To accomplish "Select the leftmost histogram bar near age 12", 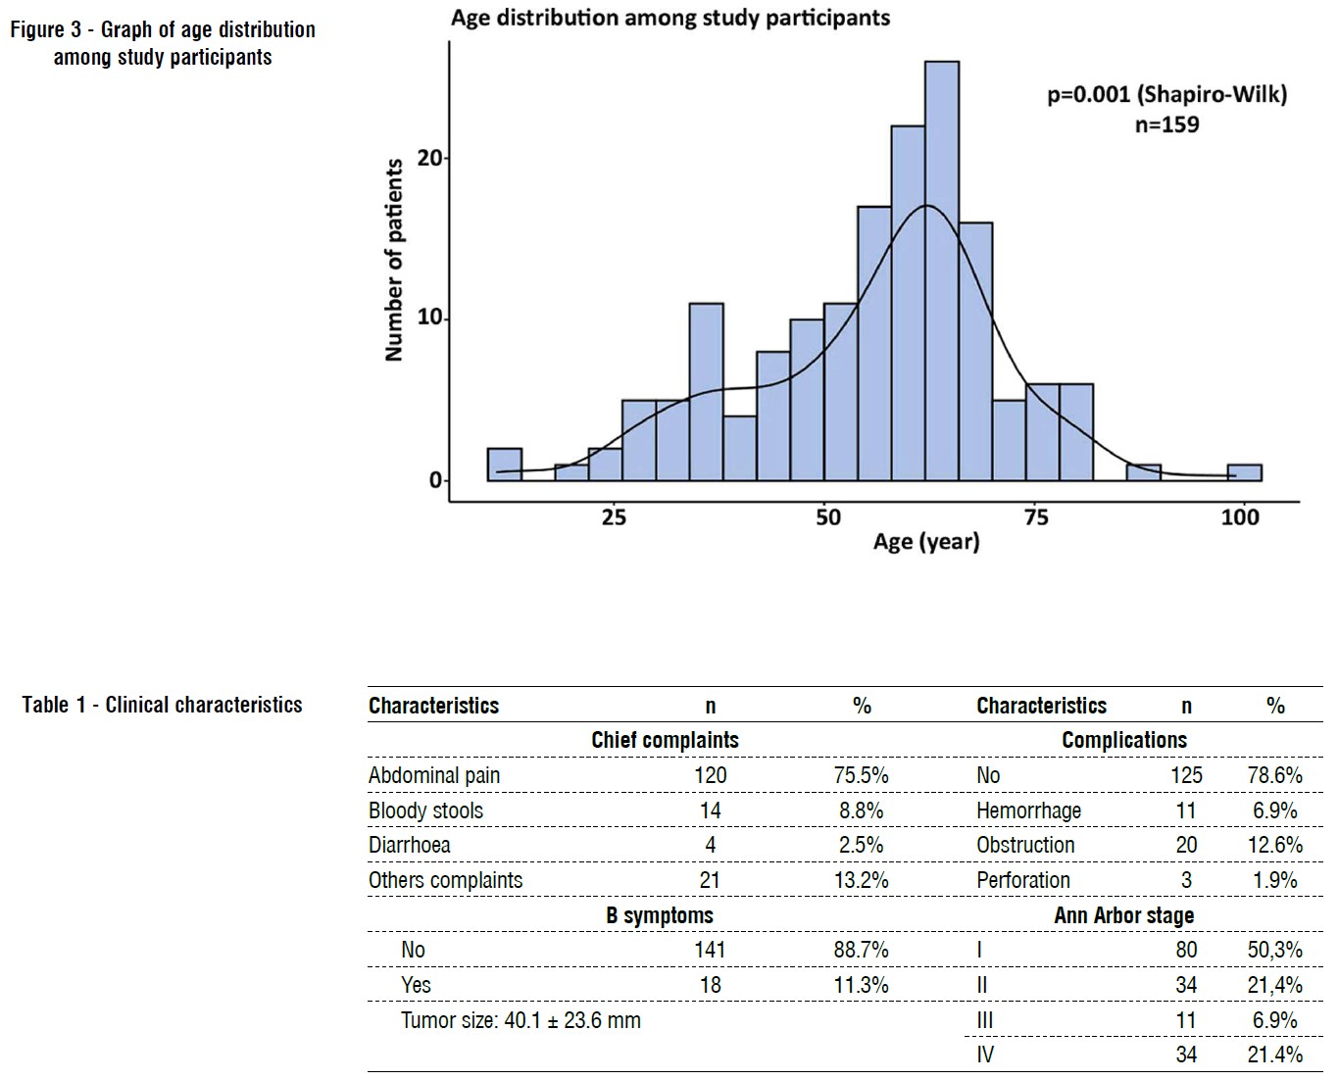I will (504, 465).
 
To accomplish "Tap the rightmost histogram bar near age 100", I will (1244, 472).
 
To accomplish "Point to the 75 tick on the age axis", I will (1035, 517).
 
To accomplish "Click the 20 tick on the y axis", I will (429, 158).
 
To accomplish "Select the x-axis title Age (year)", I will (926, 542).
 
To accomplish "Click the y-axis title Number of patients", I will (394, 260).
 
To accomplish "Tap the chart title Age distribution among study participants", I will (670, 18).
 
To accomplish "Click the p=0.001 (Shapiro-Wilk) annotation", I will (1166, 95).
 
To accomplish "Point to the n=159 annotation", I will (1166, 124).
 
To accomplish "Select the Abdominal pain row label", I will (434, 775).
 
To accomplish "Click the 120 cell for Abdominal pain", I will (710, 775).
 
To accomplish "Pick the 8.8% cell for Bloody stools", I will (861, 810).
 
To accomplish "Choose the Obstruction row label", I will (1025, 845).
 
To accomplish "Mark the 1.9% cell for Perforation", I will (1274, 880).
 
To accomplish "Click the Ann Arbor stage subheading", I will (1123, 915).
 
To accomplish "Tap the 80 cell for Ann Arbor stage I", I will (1186, 950).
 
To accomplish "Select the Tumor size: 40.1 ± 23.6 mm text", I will (520, 1020).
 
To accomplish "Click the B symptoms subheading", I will (659, 915).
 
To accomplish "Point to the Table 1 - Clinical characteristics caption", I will (163, 705).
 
